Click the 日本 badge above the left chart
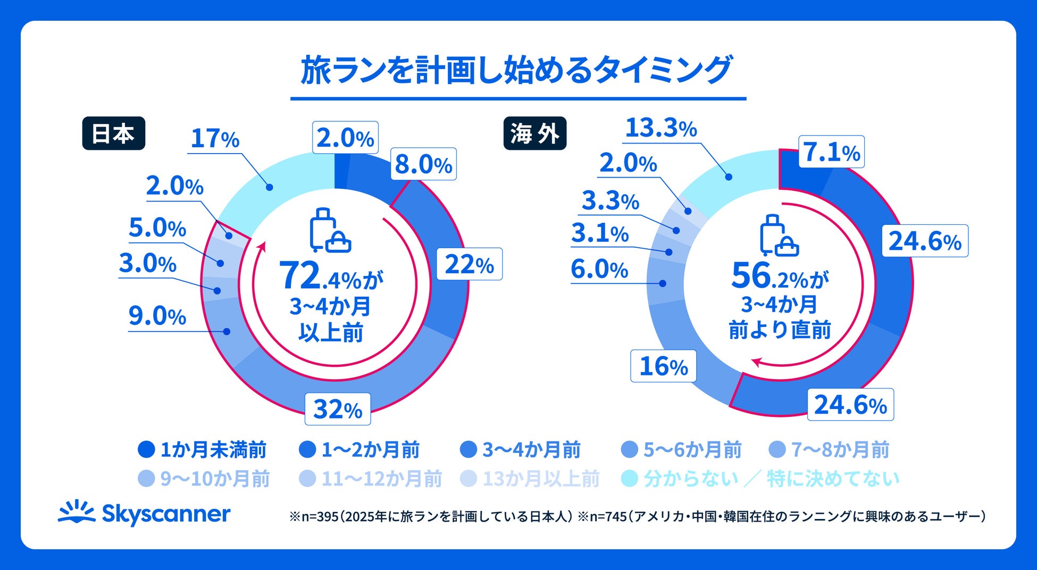pyautogui.click(x=113, y=133)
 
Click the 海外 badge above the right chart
pyautogui.click(x=534, y=133)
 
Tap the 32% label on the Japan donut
pyautogui.click(x=337, y=409)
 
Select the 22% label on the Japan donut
pyautogui.click(x=469, y=264)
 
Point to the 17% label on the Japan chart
pyautogui.click(x=215, y=139)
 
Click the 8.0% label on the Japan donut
pyautogui.click(x=423, y=164)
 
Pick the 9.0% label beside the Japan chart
pyautogui.click(x=157, y=316)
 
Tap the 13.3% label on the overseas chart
pyautogui.click(x=660, y=128)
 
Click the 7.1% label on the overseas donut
pyautogui.click(x=831, y=152)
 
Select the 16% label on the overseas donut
pyautogui.click(x=663, y=366)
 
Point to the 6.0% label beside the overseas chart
pyautogui.click(x=599, y=269)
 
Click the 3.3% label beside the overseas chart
pyautogui.click(x=611, y=201)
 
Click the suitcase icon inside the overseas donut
pyautogui.click(x=779, y=236)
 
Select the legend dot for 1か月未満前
pyautogui.click(x=146, y=450)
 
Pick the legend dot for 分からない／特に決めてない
pyautogui.click(x=630, y=479)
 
